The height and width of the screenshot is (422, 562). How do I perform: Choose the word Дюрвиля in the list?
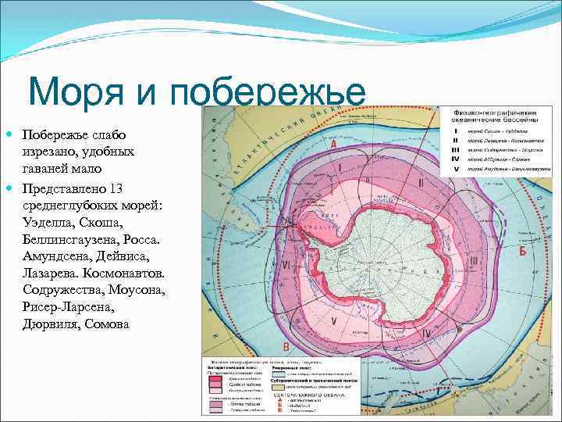(x=48, y=324)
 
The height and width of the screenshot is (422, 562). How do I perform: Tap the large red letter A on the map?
(x=334, y=145)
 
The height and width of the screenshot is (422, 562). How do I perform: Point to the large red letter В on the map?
(x=286, y=347)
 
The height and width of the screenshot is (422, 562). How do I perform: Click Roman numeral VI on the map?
(x=286, y=266)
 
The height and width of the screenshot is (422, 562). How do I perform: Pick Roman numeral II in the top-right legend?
(x=456, y=140)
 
